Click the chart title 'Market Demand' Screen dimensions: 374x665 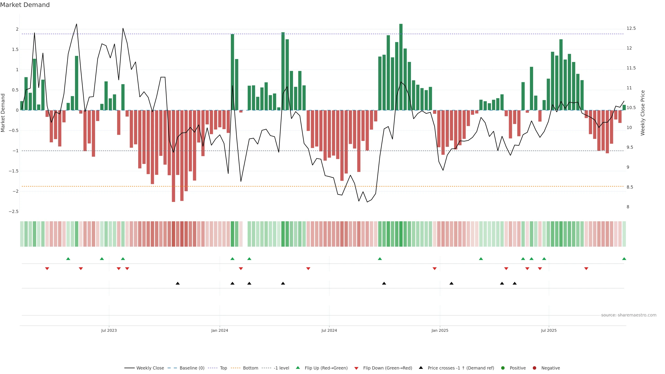25,5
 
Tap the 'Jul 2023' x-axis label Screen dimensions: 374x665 109,330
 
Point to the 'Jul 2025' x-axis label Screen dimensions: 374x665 549,330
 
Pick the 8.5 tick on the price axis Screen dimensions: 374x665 630,187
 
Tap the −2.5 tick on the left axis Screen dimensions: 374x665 14,212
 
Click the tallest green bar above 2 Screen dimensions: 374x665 401,67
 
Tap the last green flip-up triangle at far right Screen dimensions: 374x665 624,259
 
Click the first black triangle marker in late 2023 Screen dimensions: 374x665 178,283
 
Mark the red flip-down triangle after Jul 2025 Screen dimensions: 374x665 586,269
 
